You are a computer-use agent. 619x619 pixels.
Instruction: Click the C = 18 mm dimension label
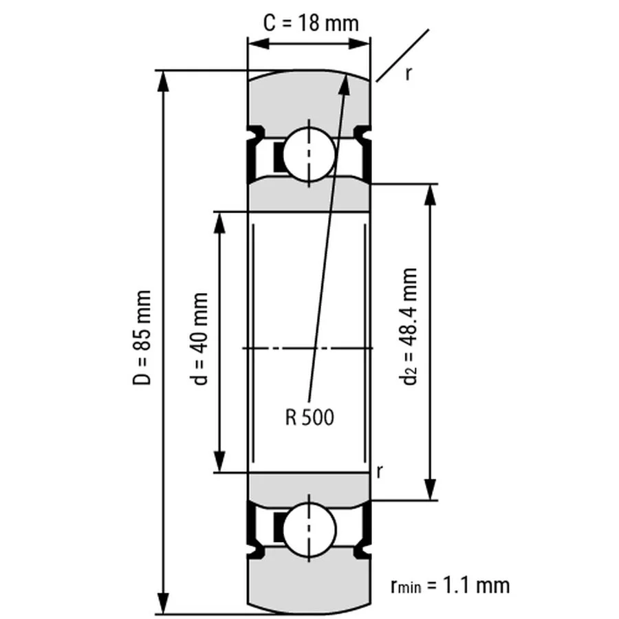(x=311, y=23)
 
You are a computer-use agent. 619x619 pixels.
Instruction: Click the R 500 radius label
(x=309, y=416)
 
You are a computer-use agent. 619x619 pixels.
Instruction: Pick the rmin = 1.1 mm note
(x=450, y=585)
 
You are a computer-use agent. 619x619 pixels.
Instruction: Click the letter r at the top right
(x=409, y=74)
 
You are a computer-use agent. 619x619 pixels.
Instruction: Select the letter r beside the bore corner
(x=380, y=471)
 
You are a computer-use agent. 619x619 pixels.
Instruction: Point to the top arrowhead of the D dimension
(x=164, y=79)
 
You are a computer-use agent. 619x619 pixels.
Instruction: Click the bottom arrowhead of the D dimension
(x=164, y=603)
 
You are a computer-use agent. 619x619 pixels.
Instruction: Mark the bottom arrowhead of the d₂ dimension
(x=431, y=490)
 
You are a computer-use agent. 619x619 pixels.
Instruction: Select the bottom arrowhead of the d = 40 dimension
(x=219, y=463)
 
